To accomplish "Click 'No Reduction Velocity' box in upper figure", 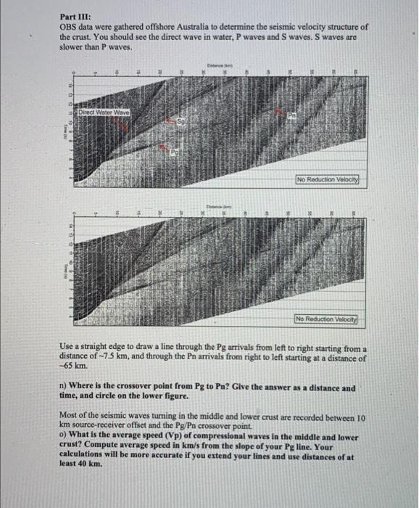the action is (327, 179).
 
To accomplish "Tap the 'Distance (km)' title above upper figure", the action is (219, 64).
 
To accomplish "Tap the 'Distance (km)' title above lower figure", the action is (219, 206).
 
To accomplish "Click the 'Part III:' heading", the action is (74, 16).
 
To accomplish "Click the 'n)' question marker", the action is (62, 388).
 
